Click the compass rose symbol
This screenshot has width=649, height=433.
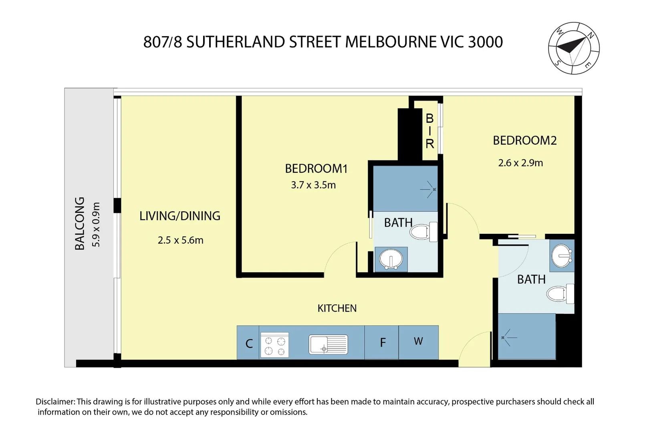[x=574, y=48]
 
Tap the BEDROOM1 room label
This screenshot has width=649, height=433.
[x=316, y=168]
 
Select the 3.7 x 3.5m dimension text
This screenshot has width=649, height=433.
[x=313, y=185]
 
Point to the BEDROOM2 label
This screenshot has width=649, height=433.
[x=524, y=141]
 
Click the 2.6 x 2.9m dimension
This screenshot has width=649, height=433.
[x=520, y=163]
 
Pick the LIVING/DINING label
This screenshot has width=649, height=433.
[x=180, y=216]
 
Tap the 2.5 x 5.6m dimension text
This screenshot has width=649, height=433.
[x=180, y=240]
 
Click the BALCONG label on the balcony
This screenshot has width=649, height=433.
[x=80, y=223]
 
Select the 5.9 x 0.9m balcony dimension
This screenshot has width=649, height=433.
[x=96, y=225]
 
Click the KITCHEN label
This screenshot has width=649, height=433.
[x=337, y=308]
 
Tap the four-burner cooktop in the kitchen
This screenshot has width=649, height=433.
[x=274, y=345]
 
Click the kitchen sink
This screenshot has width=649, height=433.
[x=328, y=344]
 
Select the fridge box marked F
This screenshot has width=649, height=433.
[x=382, y=342]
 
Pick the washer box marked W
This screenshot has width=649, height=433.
[x=418, y=341]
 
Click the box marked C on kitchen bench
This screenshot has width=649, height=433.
[x=249, y=344]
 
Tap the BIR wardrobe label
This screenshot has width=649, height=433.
[x=429, y=131]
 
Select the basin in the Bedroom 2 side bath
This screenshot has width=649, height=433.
[x=562, y=255]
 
